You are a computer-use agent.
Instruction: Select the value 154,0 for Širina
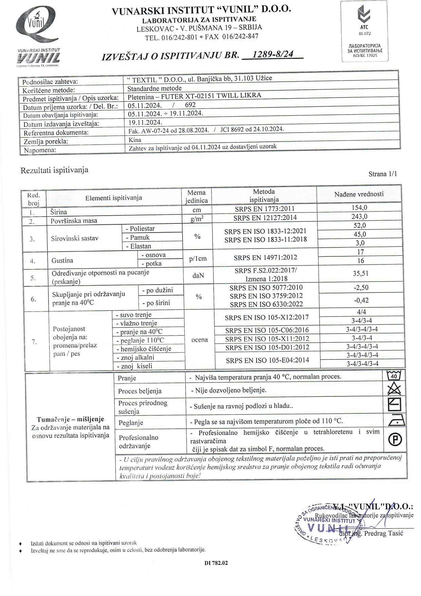359,208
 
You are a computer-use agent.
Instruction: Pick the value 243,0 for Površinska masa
359,217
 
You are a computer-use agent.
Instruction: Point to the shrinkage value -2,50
361,288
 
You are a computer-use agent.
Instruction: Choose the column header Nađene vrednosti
359,194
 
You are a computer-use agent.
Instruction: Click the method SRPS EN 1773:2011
264,209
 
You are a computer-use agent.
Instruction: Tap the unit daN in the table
198,275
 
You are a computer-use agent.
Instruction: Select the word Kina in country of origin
135,140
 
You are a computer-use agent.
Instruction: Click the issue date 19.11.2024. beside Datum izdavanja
145,122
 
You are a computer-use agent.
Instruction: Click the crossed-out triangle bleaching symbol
394,389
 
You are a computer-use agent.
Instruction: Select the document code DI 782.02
216,563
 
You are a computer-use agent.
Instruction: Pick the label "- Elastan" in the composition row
138,246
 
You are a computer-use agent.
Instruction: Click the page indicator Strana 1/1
383,174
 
